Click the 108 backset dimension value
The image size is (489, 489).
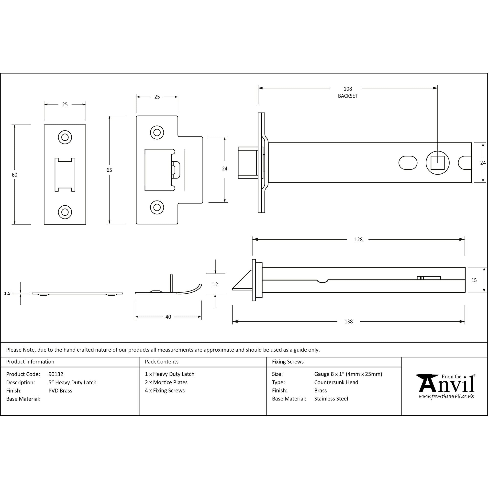(x=347, y=89)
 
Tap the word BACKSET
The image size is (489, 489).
(x=347, y=96)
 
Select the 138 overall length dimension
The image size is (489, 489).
(x=348, y=322)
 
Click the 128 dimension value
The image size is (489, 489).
(x=358, y=239)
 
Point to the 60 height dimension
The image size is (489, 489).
(x=14, y=175)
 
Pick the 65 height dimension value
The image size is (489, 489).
(x=109, y=170)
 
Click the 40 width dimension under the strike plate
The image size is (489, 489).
(x=168, y=317)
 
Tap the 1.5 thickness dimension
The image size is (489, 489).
(x=7, y=293)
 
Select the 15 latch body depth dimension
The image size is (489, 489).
(x=474, y=280)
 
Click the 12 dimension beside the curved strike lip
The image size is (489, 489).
(x=215, y=285)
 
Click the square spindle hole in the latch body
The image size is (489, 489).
(x=437, y=163)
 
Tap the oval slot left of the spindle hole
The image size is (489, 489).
(x=408, y=163)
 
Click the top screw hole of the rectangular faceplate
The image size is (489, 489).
(x=65, y=137)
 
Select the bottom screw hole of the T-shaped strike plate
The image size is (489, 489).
(x=157, y=207)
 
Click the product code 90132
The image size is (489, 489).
(x=56, y=374)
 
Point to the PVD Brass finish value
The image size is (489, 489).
(x=60, y=390)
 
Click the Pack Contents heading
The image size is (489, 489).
(x=161, y=362)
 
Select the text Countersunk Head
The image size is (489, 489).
(x=336, y=382)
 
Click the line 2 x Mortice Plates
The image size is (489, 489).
(x=166, y=382)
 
